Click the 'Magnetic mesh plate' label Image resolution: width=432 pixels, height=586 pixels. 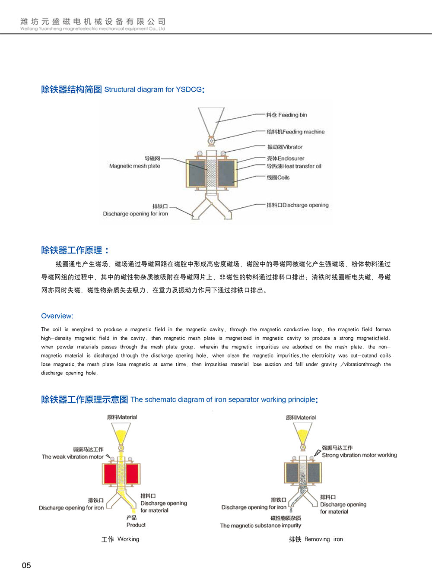click(x=135, y=166)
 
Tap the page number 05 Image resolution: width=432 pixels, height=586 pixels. click(x=26, y=565)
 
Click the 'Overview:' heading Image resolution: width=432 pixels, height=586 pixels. click(x=57, y=316)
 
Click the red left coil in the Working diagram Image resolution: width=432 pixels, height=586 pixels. click(x=110, y=474)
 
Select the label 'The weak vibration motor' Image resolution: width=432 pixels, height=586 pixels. click(x=73, y=456)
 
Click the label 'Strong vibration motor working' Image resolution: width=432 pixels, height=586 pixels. click(x=359, y=455)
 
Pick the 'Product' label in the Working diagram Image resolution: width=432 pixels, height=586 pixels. click(x=136, y=525)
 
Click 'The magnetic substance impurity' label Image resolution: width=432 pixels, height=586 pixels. click(x=260, y=526)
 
